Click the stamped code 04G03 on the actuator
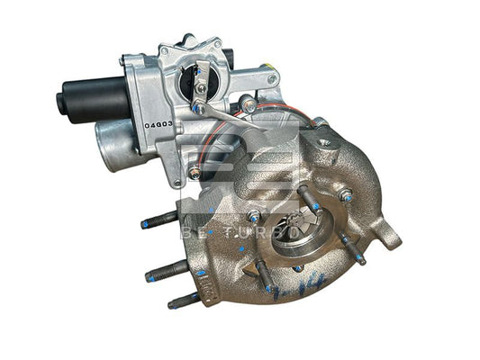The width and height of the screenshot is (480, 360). point(158,124)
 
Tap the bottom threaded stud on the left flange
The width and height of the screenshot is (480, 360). point(184,299)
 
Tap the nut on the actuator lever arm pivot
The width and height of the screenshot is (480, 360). point(249,106)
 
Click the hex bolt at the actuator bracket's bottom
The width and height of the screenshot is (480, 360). point(193,171)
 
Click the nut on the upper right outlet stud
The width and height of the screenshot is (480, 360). point(345,194)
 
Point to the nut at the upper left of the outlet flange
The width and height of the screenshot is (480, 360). point(255,216)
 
